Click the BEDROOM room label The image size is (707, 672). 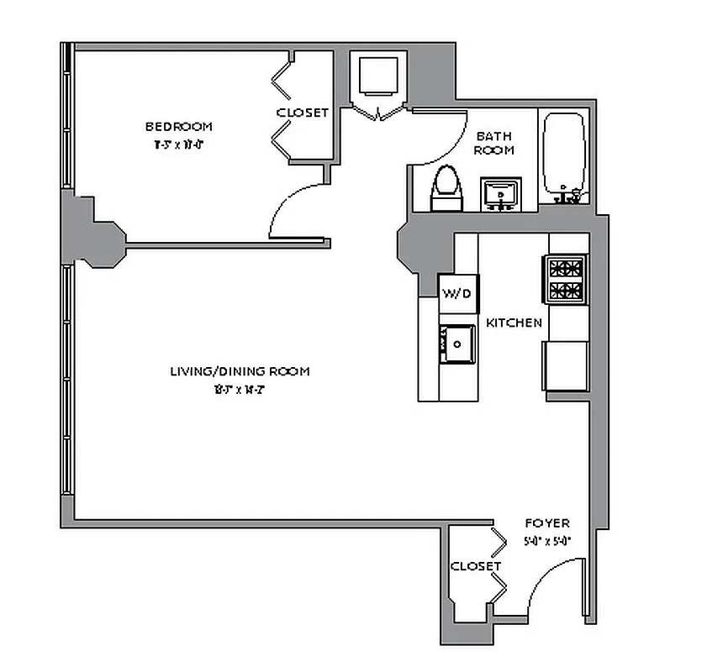pos(179,127)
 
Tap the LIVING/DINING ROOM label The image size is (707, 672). pos(240,370)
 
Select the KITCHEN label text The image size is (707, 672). pos(514,323)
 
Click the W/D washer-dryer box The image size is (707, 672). pos(458,293)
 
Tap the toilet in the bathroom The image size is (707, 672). pos(446,187)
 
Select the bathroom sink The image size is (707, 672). pos(502,194)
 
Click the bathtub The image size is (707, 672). pos(564,155)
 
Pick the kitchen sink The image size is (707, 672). pos(457,344)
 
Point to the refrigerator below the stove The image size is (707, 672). pos(567,365)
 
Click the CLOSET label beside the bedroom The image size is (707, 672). pos(302,113)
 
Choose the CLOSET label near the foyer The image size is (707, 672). pos(476,566)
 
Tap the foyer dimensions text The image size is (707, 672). pos(546,540)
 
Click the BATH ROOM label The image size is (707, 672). pos(494,143)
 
